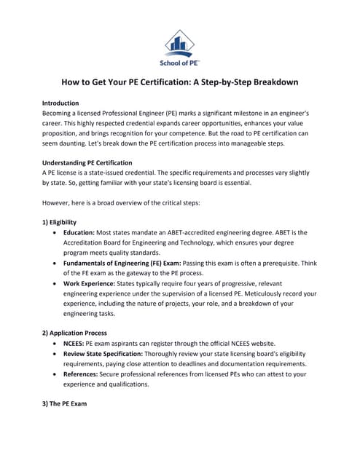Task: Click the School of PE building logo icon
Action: pyautogui.click(x=179, y=42)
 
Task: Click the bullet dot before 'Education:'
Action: pyautogui.click(x=57, y=234)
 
